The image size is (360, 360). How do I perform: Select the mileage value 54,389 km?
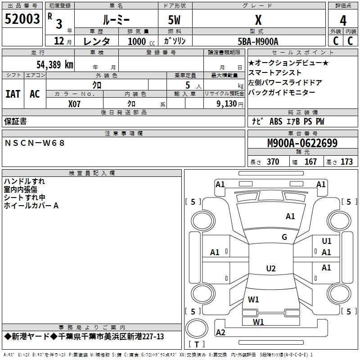point(54,64)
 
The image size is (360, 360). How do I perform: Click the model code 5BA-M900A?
point(258,41)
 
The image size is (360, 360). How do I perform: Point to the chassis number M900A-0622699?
point(302,143)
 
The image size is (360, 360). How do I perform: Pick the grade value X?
point(258,20)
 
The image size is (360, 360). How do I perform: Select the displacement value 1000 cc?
point(141,41)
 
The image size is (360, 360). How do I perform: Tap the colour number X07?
point(75,103)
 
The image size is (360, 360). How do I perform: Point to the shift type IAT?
point(13,94)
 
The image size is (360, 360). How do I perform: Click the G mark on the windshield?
point(284,237)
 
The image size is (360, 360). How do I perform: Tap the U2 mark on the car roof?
point(270,269)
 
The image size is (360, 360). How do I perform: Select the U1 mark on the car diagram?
point(327,241)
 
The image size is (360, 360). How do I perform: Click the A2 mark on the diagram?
point(220,333)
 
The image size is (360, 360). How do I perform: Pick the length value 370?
point(273,162)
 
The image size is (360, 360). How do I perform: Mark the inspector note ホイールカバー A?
point(31,206)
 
